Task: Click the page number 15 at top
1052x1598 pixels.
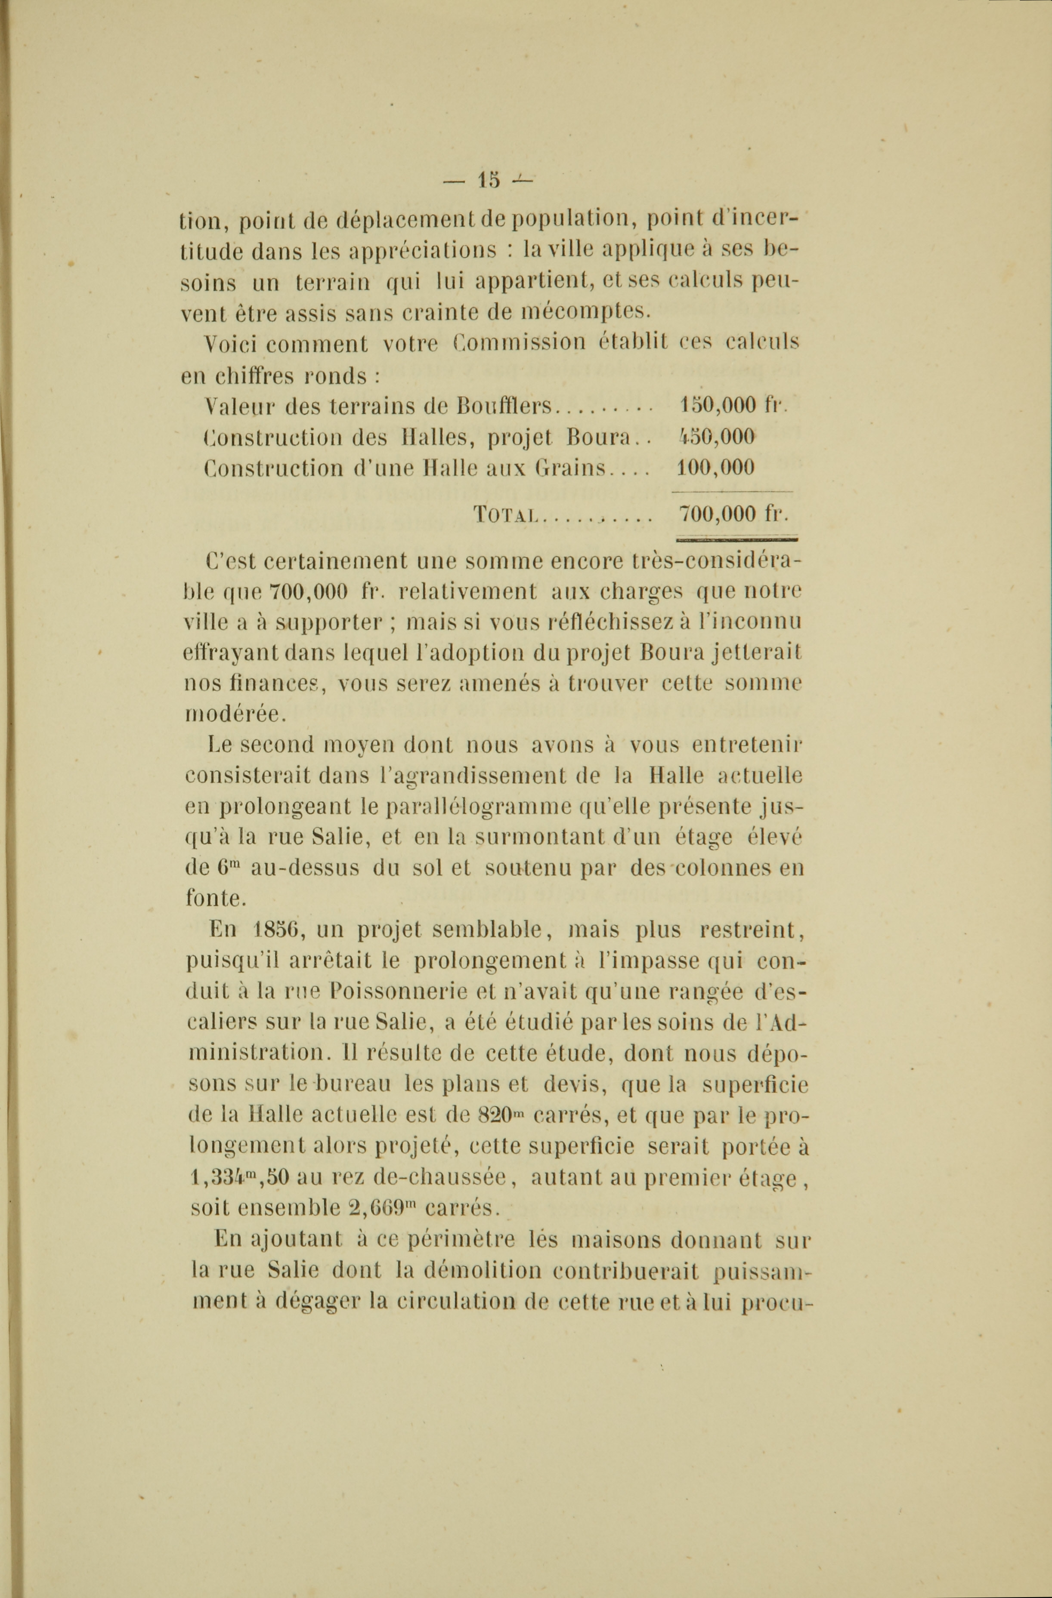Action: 489,180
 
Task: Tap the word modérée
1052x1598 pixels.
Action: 234,714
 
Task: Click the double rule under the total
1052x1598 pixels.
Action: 736,537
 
